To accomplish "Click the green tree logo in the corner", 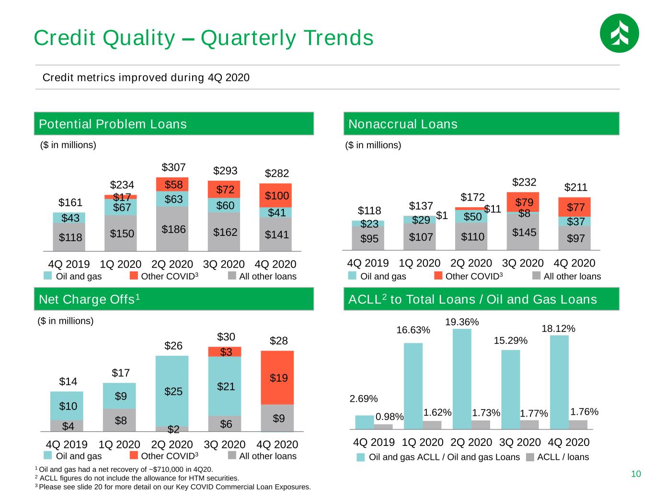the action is coord(619,33).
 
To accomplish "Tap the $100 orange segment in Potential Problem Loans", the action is coord(275,195).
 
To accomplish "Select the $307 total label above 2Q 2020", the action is coord(173,167).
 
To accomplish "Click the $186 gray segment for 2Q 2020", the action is coord(172,229).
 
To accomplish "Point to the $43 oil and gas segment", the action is coord(69,218).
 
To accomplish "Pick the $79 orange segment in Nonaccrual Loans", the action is coord(523,202).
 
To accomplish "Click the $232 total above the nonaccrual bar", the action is coord(524,182).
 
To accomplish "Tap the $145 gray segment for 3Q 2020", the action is coord(523,232).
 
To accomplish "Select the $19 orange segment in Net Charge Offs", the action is coord(277,378).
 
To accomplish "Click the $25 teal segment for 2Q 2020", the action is coord(172,391).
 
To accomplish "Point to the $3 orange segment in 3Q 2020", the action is coord(225,352).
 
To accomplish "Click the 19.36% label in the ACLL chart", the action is coord(462,322).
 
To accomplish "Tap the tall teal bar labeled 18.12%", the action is coord(559,382).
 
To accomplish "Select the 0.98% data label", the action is coord(390,417).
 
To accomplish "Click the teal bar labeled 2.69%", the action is coord(365,422).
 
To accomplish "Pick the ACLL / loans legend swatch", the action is coord(530,457).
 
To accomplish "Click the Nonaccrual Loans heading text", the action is coord(403,124).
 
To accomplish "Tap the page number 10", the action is coord(636,474).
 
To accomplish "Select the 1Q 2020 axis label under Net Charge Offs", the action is coord(119,444).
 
